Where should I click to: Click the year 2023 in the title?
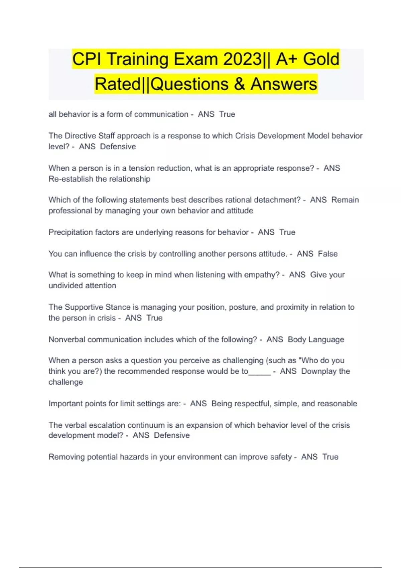point(243,59)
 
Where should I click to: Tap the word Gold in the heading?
point(321,59)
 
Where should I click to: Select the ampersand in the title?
point(239,84)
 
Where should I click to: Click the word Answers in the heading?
point(284,84)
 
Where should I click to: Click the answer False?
point(327,254)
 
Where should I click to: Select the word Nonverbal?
point(67,339)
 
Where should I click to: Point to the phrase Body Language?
point(316,339)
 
